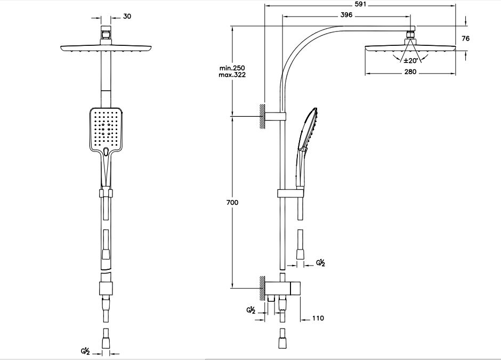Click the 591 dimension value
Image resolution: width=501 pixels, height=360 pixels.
click(x=360, y=4)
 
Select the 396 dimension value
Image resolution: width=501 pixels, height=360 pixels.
click(x=346, y=15)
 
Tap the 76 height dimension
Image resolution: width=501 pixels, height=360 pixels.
click(x=466, y=38)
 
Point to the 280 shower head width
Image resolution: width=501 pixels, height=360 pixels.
click(x=410, y=71)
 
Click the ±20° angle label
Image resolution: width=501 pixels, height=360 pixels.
click(x=410, y=60)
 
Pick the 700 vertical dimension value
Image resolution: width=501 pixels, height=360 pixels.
click(x=232, y=202)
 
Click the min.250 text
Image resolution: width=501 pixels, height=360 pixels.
click(x=232, y=68)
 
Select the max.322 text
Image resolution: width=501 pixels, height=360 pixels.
click(x=232, y=75)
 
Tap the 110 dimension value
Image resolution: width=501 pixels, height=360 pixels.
click(x=318, y=318)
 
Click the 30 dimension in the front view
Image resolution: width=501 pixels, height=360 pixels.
click(x=127, y=17)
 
